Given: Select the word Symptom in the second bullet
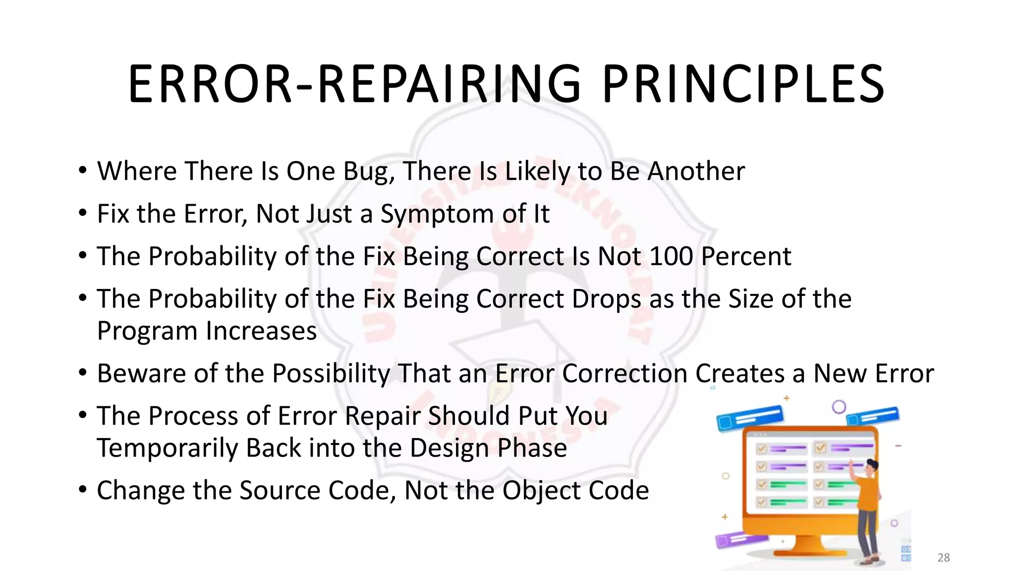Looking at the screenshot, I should pos(437,214).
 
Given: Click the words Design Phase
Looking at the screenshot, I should pos(488,448).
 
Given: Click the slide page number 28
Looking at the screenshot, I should pos(943,558).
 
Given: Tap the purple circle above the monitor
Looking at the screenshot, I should pos(839,407).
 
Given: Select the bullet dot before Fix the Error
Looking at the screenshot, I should pos(83,214).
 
